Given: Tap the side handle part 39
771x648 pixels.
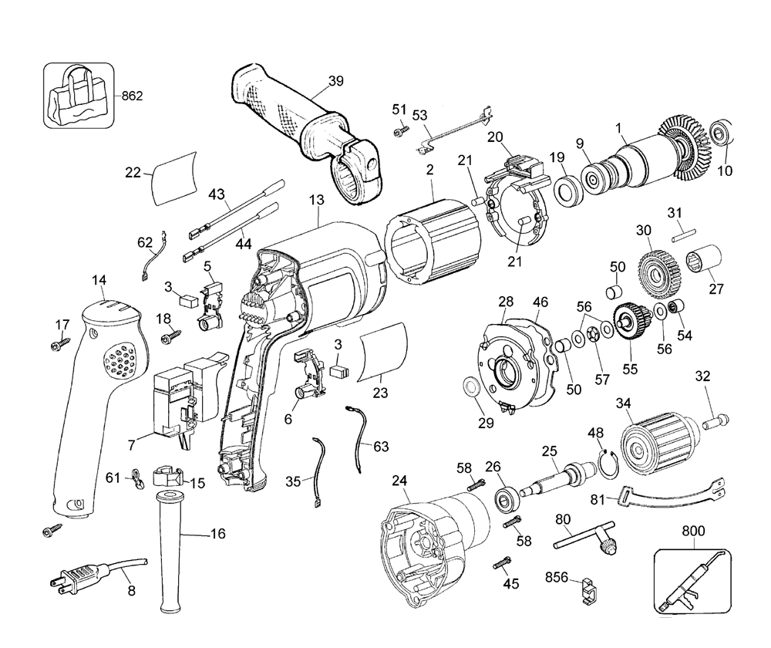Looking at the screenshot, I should click(308, 127).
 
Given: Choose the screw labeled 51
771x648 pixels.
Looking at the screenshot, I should click(399, 133).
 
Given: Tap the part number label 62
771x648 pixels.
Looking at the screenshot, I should click(145, 241).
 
